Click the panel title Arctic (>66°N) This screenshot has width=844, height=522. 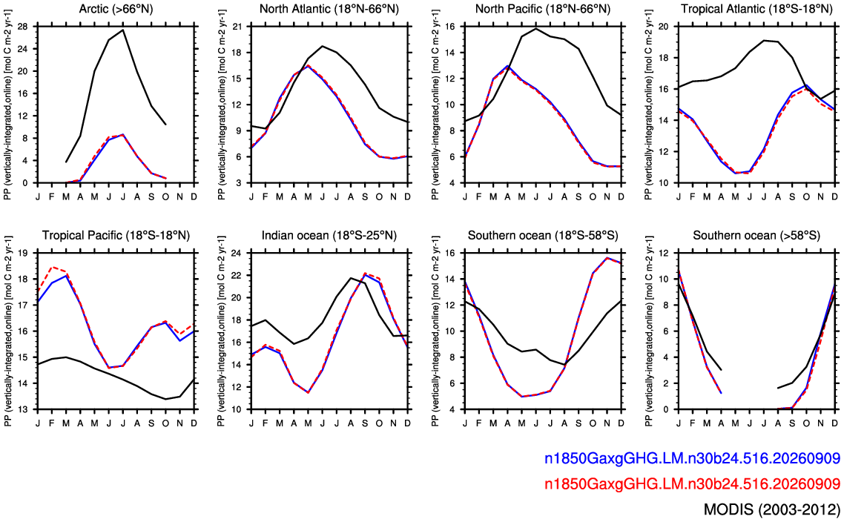116,9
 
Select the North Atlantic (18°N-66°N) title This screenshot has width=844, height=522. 329,9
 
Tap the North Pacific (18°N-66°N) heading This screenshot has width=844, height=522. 543,9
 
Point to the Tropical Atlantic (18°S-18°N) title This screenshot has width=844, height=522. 756,9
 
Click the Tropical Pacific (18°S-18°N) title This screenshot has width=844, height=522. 116,235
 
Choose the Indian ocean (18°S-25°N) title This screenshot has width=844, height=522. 329,235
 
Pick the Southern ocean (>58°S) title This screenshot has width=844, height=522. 756,235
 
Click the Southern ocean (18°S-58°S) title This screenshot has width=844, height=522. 543,235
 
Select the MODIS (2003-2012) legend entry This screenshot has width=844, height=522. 772,509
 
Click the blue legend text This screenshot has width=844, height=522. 692,458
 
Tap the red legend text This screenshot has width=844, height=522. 692,483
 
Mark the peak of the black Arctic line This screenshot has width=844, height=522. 123,30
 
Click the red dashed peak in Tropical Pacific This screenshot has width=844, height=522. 52,266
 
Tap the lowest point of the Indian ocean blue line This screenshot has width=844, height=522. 309,392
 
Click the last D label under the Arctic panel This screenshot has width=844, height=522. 194,196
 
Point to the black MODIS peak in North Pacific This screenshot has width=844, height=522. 536,28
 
